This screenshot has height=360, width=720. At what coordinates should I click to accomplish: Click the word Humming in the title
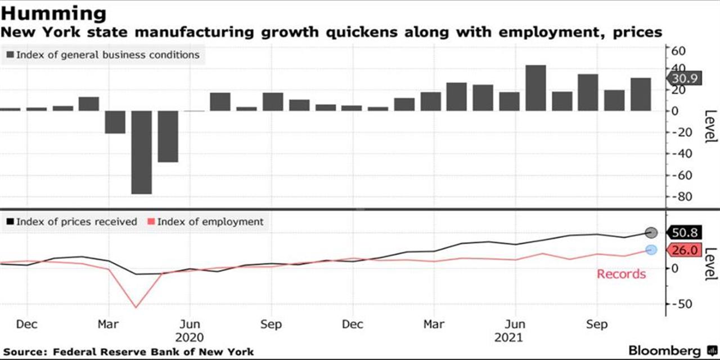(x=53, y=14)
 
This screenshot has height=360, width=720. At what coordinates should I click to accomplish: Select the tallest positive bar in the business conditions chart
(x=535, y=88)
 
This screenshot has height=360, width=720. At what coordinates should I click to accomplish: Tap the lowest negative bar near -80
(x=141, y=152)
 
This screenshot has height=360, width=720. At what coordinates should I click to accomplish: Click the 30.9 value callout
(x=684, y=78)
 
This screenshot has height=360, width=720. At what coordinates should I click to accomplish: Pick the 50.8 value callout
(x=684, y=232)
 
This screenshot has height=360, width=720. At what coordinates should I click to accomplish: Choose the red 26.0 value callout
(x=684, y=250)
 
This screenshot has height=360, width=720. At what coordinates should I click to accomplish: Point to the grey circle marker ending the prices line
(x=651, y=232)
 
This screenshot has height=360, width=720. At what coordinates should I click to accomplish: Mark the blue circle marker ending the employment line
(x=651, y=250)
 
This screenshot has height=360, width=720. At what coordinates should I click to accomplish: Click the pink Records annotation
(x=621, y=274)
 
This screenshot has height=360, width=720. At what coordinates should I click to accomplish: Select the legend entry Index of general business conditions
(x=103, y=55)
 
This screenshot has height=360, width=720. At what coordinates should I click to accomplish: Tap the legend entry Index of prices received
(x=72, y=222)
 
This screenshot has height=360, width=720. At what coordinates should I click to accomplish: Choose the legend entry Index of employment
(x=206, y=222)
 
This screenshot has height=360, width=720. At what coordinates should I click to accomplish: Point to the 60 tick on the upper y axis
(x=678, y=51)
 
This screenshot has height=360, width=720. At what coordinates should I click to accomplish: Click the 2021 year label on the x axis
(x=508, y=338)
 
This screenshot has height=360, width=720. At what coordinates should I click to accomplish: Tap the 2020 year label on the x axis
(x=190, y=338)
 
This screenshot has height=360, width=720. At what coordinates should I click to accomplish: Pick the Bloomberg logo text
(x=664, y=350)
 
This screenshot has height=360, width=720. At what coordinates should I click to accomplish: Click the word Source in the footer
(x=25, y=352)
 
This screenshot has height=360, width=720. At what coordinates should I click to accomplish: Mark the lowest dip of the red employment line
(x=136, y=308)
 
